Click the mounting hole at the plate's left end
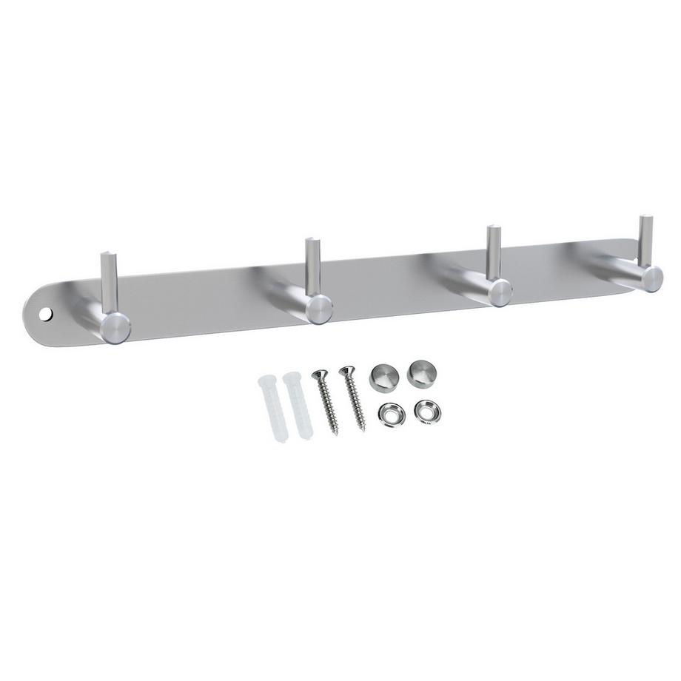[49, 315]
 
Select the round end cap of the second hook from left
[319, 306]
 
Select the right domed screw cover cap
[421, 369]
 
